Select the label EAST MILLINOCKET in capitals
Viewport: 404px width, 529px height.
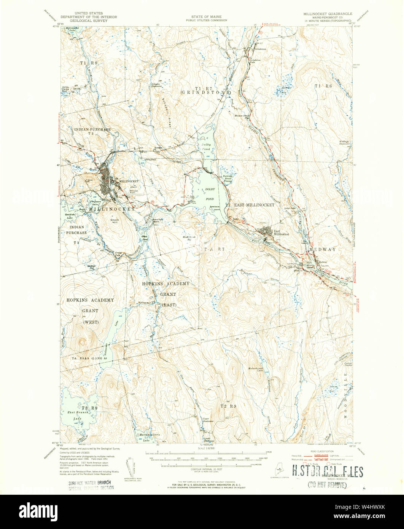[254, 205]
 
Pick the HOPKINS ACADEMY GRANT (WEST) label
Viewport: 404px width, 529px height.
[90, 311]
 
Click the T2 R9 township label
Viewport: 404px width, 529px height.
[228, 406]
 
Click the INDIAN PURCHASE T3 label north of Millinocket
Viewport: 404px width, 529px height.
[92, 132]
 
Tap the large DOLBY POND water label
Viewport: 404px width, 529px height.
[210, 194]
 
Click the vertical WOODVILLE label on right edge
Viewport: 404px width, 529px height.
[346, 396]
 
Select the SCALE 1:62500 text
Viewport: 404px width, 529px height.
[206, 448]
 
